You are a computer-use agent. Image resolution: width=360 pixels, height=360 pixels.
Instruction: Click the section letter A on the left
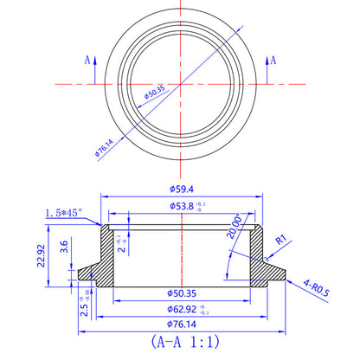pyautogui.click(x=87, y=60)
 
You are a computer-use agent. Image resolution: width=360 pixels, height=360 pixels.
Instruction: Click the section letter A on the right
pyautogui.click(x=274, y=60)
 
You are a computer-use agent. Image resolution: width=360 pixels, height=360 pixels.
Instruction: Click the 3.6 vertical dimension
pyautogui.click(x=65, y=246)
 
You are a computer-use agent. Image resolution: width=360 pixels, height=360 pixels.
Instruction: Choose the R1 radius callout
pyautogui.click(x=280, y=240)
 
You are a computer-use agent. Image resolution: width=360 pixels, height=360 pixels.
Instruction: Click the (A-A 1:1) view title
pyautogui.click(x=180, y=342)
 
